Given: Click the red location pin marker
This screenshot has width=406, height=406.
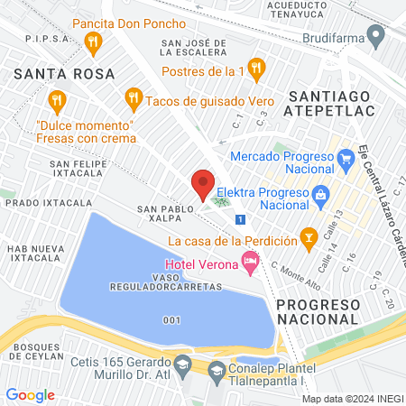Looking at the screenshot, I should point(203,184).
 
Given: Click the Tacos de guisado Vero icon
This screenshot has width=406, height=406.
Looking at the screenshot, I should point(134,96).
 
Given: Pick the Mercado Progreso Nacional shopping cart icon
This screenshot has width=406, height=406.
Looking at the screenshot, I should point(345,162).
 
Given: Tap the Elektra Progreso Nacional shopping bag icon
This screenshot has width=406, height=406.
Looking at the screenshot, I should point(319,194).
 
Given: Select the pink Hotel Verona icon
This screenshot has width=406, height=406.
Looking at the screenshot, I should point(251,263).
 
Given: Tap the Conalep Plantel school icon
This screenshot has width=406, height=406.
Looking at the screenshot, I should point(217,370).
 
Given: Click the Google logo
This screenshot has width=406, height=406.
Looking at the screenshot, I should point(30,394).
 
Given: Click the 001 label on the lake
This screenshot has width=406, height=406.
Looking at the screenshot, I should point(173,319).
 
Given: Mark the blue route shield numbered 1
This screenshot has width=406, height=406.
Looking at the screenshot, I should point(239,219).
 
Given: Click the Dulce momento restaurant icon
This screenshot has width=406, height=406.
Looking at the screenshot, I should point(58,100).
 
